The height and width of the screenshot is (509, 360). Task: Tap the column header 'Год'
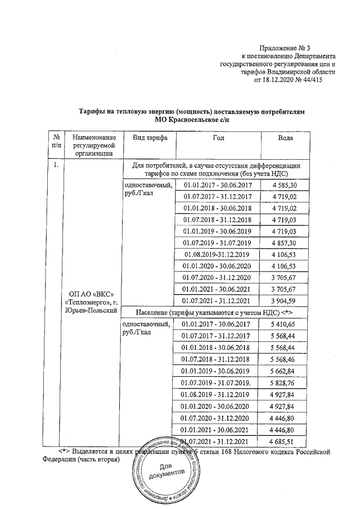[x=219, y=138]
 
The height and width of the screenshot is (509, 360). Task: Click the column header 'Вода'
[x=286, y=138]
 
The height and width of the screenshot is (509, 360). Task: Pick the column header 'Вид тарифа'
[x=149, y=138]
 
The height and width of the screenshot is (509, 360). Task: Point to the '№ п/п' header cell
[x=56, y=142]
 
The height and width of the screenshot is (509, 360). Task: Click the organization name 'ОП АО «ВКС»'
[x=91, y=294]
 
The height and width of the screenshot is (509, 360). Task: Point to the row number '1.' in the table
[x=56, y=166]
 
